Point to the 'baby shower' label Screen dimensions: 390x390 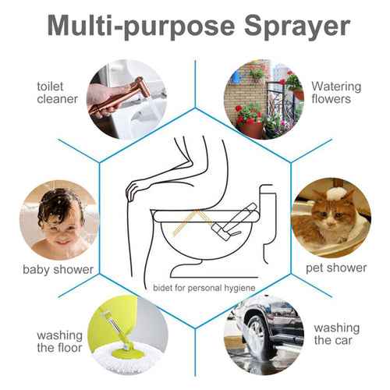coord(58,269)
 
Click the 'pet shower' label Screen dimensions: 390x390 coord(335,268)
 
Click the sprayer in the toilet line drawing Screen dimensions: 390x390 coord(234,223)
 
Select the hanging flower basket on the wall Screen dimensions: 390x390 coord(257,74)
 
